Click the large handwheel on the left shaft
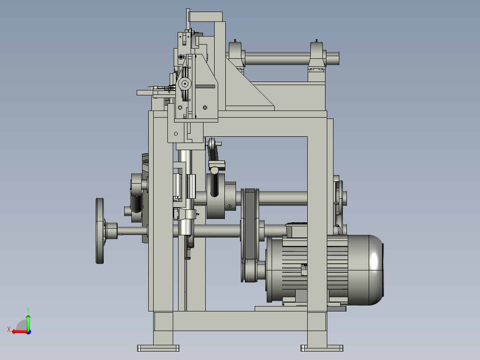pyautogui.click(x=100, y=231)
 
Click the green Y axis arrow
pyautogui.click(x=28, y=322)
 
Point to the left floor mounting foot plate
pyautogui.click(x=158, y=348)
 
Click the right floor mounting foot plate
pyautogui.click(x=322, y=348)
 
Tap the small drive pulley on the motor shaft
pyautogui.click(x=249, y=270)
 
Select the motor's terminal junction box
pyautogui.click(x=297, y=230)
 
